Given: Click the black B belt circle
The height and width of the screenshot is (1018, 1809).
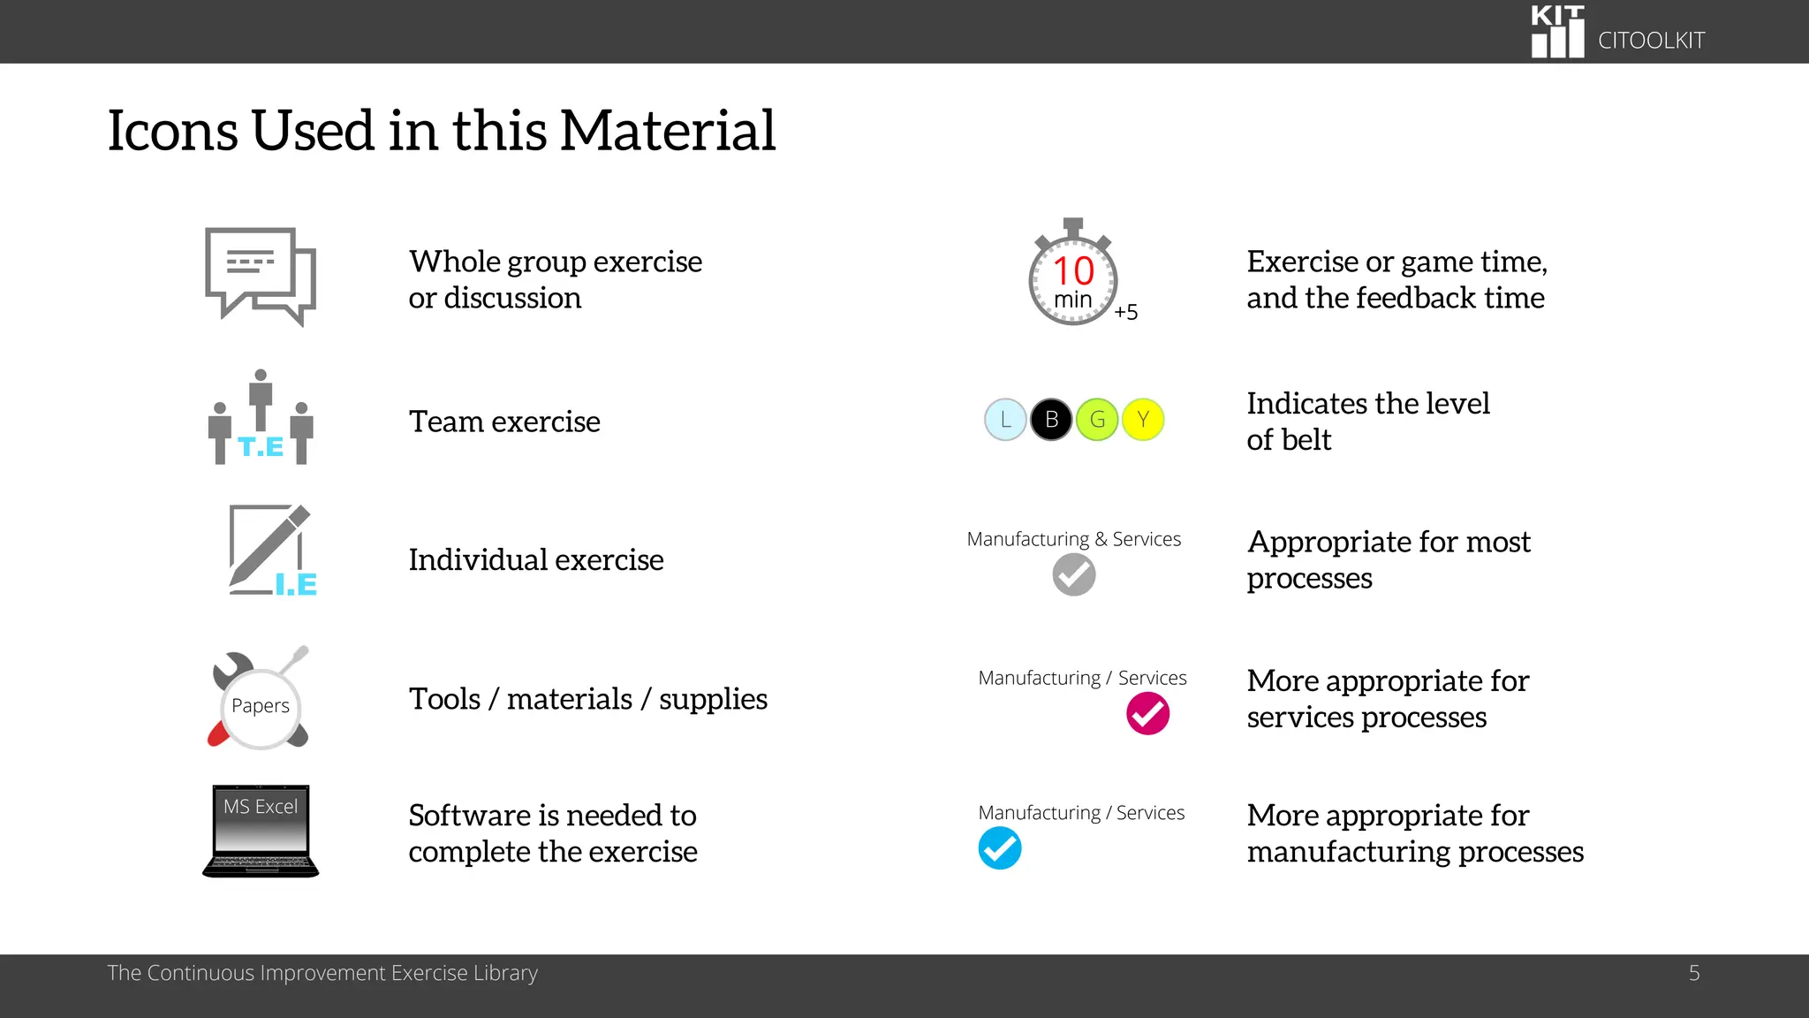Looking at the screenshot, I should (1051, 420).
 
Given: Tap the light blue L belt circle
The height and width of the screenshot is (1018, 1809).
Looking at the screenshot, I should (1005, 420).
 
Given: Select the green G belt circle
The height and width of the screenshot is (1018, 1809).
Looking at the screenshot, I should (1097, 420).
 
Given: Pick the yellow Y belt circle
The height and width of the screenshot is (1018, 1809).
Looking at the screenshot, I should (1143, 420).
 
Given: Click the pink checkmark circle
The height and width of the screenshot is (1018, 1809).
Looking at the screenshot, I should (1147, 714).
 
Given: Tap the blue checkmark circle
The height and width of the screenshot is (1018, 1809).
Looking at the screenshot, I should (1000, 848).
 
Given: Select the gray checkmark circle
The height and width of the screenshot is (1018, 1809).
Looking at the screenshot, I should (1074, 575).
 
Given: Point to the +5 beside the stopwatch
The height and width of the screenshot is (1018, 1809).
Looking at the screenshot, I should (1126, 312).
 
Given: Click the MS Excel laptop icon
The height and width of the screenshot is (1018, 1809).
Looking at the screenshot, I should (261, 831).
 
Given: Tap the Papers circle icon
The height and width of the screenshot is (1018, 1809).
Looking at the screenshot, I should (261, 706).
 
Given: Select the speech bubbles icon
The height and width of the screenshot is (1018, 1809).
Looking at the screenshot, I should (261, 276).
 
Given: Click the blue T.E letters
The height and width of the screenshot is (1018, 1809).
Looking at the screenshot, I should (261, 447).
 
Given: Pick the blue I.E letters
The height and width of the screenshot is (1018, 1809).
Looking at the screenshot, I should (296, 585).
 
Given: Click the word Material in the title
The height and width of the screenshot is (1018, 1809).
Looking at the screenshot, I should (667, 131).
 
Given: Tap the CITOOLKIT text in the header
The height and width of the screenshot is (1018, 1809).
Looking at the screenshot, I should (1651, 41).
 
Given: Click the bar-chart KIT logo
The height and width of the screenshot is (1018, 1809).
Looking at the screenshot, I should (1557, 32).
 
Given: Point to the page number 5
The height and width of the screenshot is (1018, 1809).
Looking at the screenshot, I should (1694, 973).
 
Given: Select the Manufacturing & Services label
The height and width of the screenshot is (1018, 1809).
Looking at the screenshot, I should (1073, 539).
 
